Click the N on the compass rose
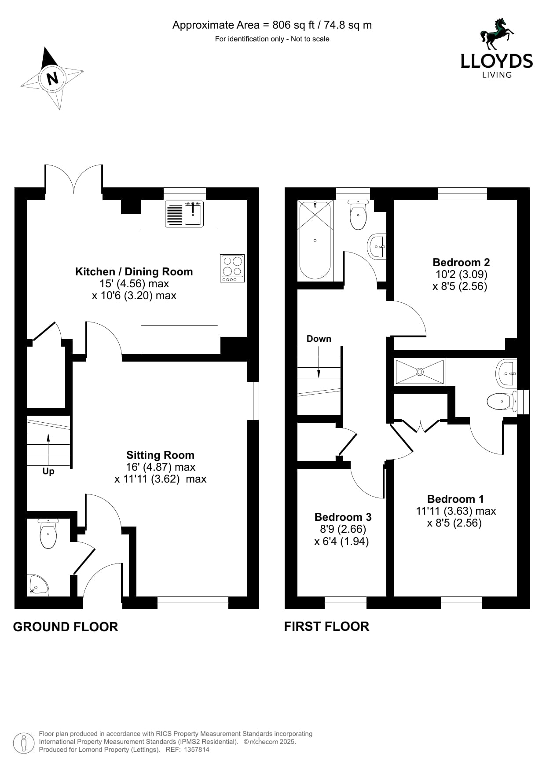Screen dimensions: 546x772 point(52,78)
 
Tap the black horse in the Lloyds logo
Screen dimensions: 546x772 point(497,33)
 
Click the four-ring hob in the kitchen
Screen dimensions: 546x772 point(232,268)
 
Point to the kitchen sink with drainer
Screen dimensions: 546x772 point(184,214)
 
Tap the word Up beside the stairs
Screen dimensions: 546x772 point(48,472)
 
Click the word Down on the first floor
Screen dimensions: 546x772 point(319,339)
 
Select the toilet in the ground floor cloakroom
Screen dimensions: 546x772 point(48,533)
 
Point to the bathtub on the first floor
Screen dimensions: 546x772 point(315,240)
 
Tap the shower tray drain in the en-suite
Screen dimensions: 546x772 point(419,372)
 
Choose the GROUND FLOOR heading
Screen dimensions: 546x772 point(66,627)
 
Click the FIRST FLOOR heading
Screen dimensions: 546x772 point(326,626)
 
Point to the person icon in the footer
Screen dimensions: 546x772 point(24,743)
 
